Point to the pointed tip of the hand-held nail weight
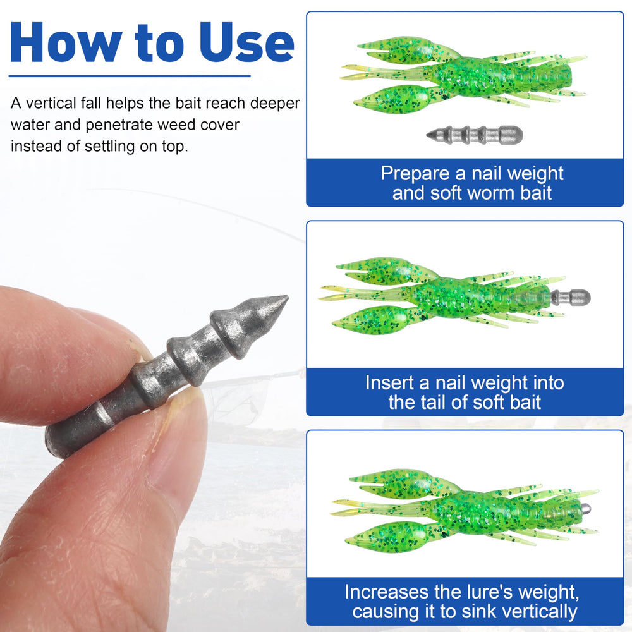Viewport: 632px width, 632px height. (287, 298)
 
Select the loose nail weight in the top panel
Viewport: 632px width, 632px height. (475, 135)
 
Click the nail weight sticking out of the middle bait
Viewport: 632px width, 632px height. (570, 298)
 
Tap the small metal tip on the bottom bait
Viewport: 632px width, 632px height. (586, 509)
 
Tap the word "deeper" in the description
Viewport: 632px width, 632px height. (275, 104)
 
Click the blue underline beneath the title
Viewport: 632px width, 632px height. (130, 76)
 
